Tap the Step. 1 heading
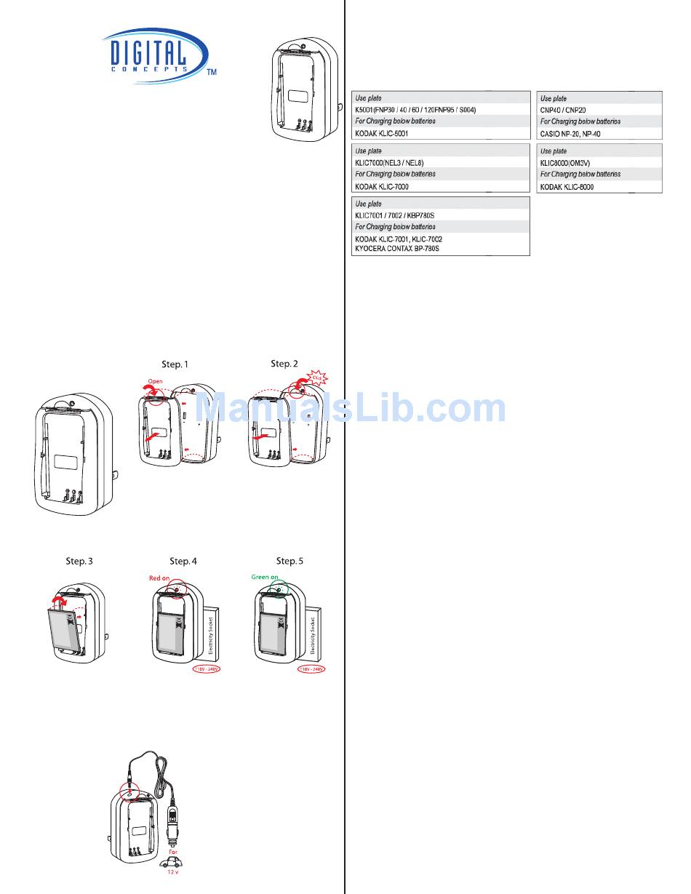click(x=178, y=364)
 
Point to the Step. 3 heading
click(x=79, y=561)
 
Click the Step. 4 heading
click(x=183, y=561)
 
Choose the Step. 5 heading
click(x=289, y=561)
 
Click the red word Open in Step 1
click(x=156, y=380)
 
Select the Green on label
click(x=265, y=577)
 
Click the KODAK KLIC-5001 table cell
click(x=386, y=134)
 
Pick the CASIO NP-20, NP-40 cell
click(x=570, y=134)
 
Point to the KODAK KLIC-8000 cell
click(x=567, y=187)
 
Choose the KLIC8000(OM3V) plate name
click(x=570, y=163)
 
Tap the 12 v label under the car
click(x=172, y=871)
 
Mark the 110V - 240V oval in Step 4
click(x=205, y=669)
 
